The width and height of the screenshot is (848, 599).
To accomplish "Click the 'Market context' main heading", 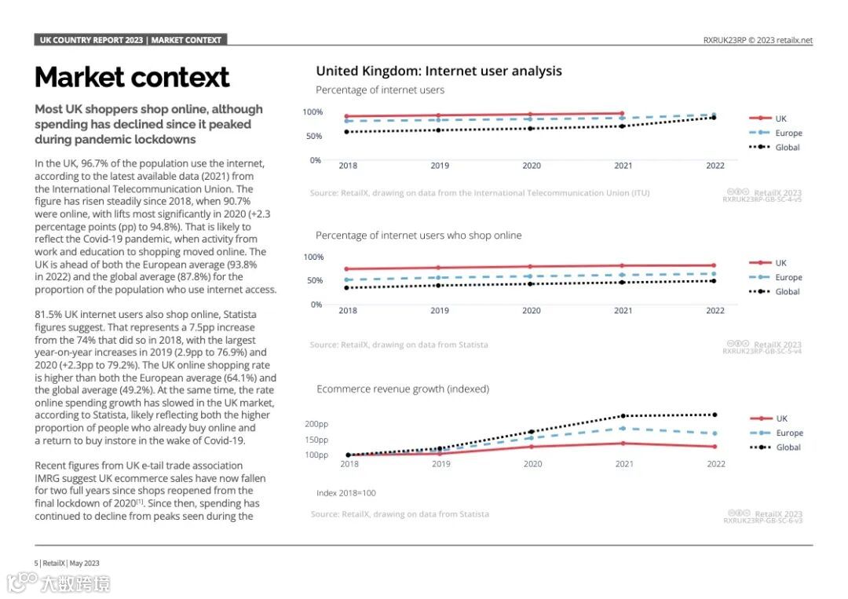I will (132, 78).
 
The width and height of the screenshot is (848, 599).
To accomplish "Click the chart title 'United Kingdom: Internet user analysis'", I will (439, 71).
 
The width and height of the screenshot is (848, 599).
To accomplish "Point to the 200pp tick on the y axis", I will (316, 424).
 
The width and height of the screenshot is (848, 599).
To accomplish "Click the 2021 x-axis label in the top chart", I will (623, 166).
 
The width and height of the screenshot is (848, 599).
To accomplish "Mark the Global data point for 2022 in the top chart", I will (714, 117).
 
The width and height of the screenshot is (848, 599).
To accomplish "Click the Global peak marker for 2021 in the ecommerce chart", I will (623, 416).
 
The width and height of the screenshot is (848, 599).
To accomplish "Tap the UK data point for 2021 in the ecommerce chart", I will (623, 443).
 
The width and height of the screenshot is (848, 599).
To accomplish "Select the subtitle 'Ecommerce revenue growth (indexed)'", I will (403, 389).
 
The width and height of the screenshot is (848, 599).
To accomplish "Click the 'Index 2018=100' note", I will (346, 493).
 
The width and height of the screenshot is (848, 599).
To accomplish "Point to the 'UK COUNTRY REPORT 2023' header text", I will (92, 40).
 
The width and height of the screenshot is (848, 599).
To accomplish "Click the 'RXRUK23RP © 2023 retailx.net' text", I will (758, 40).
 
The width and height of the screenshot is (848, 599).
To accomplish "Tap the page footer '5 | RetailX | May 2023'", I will (67, 563).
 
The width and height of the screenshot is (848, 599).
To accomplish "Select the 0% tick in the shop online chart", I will (316, 305).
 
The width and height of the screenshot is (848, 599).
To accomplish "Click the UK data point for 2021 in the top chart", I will (622, 114).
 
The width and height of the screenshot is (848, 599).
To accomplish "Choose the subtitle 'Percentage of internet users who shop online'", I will (419, 236).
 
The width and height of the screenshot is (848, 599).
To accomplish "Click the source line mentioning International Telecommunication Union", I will (480, 193).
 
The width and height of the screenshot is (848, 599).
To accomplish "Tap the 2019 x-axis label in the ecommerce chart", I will (440, 464).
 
